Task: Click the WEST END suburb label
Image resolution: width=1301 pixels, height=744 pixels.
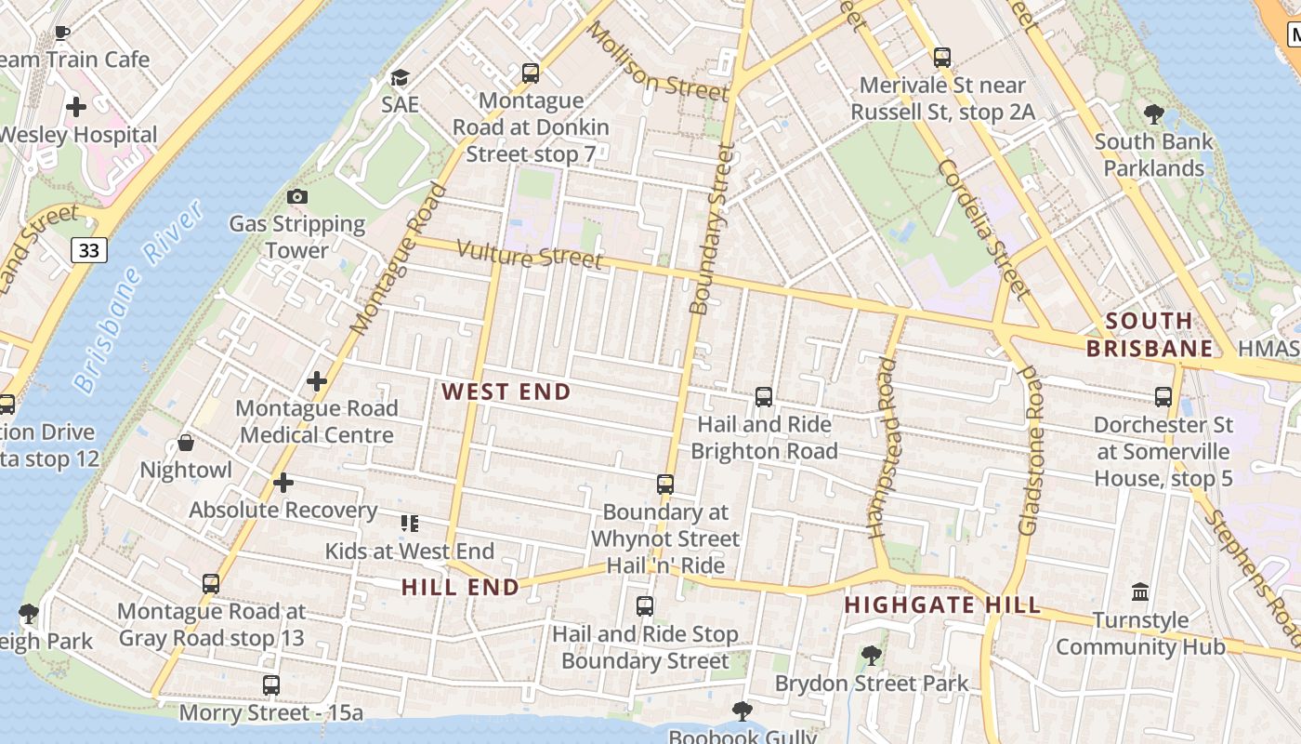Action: [506, 392]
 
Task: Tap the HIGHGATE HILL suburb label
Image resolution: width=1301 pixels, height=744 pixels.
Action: [942, 605]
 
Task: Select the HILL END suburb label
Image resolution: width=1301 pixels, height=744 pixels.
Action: [460, 587]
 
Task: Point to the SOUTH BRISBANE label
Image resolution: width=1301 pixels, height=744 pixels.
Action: [1150, 335]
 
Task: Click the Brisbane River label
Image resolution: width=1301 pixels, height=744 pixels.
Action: [139, 296]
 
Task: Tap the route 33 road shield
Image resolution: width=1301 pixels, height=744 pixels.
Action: [89, 249]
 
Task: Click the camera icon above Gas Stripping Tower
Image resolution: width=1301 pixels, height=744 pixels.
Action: [297, 196]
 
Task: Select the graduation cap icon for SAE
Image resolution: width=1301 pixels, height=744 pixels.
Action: [400, 77]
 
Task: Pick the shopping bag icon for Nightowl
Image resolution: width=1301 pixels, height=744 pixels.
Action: [186, 443]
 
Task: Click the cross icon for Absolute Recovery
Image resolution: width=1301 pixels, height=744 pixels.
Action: [283, 483]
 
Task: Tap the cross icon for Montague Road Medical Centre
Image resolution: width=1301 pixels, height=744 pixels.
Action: [317, 380]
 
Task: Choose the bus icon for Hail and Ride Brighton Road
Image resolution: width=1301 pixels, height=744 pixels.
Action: [764, 397]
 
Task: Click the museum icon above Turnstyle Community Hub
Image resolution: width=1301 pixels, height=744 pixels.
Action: [1140, 592]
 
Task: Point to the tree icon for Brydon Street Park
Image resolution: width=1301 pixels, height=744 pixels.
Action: [872, 656]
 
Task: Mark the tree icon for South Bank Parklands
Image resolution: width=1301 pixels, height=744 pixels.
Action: [1154, 114]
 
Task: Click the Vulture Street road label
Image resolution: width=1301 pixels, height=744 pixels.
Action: [531, 255]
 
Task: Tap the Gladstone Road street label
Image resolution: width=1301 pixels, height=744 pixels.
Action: [1030, 449]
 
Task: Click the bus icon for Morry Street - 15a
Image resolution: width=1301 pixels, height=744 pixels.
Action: [271, 685]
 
